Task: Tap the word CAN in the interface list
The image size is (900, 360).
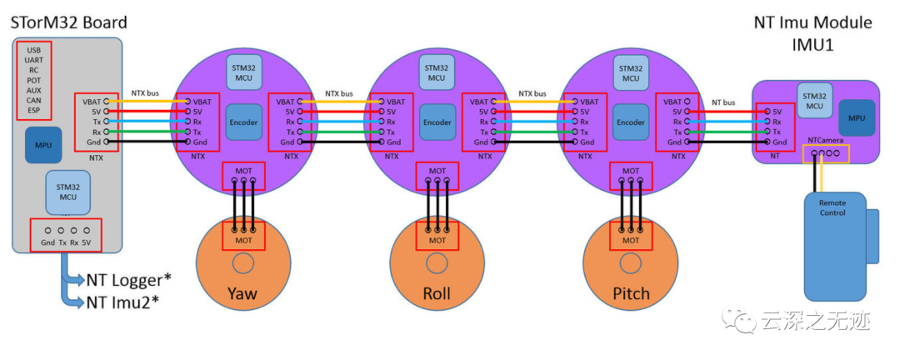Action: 34,100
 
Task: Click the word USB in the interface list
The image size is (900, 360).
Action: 34,51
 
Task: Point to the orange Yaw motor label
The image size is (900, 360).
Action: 242,293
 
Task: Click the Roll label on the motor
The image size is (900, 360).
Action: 437,293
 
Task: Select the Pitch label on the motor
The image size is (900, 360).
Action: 630,293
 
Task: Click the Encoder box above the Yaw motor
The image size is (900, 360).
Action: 242,122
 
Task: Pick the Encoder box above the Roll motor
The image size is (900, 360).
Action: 437,122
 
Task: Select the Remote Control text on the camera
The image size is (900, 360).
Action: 832,207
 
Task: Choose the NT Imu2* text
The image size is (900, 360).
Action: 122,301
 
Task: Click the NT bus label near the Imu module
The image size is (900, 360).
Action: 723,102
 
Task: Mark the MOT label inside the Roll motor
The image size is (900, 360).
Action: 437,240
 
